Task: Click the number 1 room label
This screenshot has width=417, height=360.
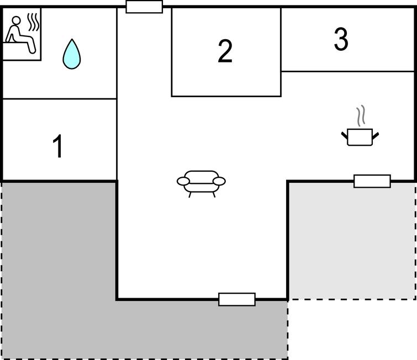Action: click(x=57, y=146)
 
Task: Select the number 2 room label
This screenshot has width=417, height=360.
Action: click(x=225, y=51)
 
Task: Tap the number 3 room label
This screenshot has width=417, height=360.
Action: click(x=341, y=39)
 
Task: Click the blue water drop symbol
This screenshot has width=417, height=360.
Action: click(x=72, y=54)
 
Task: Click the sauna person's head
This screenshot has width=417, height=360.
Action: click(x=16, y=20)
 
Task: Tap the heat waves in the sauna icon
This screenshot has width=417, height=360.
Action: click(x=34, y=22)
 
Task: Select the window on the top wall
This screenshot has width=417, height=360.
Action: click(x=144, y=7)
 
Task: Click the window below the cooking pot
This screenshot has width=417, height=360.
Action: click(x=372, y=181)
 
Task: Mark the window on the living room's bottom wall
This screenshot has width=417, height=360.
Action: click(x=237, y=299)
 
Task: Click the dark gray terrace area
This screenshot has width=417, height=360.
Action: click(x=59, y=266)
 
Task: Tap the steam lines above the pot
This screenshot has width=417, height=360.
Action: click(x=361, y=115)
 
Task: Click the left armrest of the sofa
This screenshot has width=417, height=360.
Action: click(x=183, y=181)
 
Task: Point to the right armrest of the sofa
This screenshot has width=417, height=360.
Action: click(x=219, y=181)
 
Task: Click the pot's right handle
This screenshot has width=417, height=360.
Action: click(x=375, y=136)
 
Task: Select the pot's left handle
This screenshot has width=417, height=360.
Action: click(x=345, y=136)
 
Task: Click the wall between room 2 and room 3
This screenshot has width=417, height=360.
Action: click(x=281, y=52)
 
